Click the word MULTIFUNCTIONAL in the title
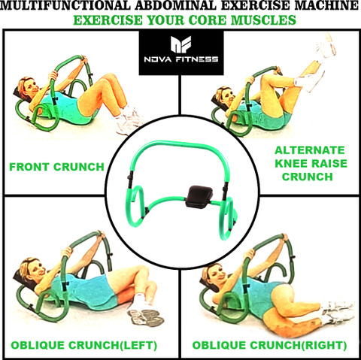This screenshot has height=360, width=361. pos(65,5)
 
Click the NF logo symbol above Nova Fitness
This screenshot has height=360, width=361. pos(181,44)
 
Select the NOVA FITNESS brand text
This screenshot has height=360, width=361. pos(181,59)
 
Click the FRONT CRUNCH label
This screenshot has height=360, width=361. pos(56,167)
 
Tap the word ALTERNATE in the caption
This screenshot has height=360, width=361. pos(310,150)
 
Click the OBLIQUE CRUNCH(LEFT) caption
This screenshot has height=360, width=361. pos(84,345)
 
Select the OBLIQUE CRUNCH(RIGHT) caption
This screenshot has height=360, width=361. pos(269,345)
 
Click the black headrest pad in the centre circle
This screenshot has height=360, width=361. pos(199,196)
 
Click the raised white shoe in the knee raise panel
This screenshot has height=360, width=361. pos(326,45)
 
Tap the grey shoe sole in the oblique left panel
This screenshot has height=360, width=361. pos(145,318)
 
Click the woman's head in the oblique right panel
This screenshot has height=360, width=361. pos(215,274)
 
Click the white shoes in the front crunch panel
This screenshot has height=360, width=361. pos(129,119)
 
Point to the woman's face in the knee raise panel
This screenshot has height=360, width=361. pos(228,97)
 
